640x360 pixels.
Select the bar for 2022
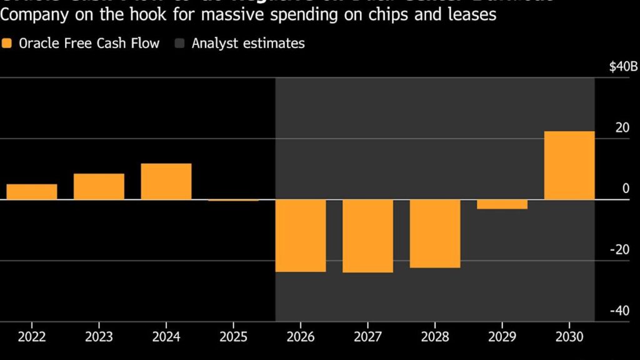click(32, 192)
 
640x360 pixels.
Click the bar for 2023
click(99, 186)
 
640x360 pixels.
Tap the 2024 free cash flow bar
click(166, 181)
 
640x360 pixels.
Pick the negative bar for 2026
click(301, 236)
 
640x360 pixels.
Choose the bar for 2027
click(368, 236)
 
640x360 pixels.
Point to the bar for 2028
click(435, 234)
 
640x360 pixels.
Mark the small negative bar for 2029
click(502, 204)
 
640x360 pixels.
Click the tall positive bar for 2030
click(569, 166)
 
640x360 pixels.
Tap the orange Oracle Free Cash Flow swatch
click(7, 43)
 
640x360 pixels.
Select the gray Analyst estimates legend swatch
click(180, 43)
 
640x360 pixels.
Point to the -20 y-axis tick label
click(621, 250)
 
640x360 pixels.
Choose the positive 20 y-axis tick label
click(622, 127)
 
